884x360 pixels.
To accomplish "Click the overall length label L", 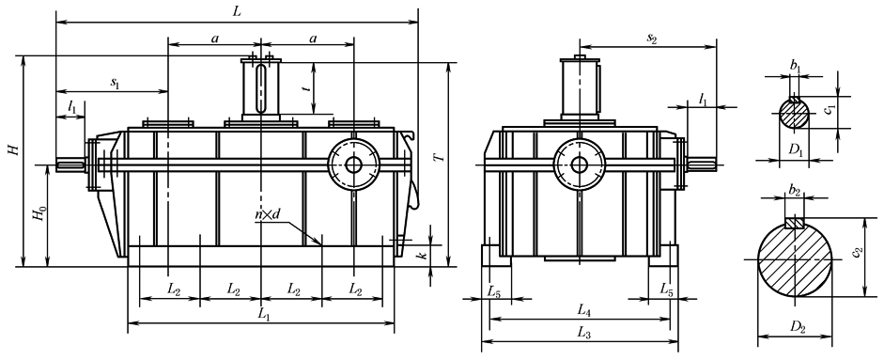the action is [237, 11].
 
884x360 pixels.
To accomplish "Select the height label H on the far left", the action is [13, 150].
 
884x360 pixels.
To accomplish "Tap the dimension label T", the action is [441, 154].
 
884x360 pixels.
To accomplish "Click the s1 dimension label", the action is [115, 84].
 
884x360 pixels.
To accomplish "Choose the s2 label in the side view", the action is [652, 39].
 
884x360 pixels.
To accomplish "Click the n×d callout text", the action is [267, 214].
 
